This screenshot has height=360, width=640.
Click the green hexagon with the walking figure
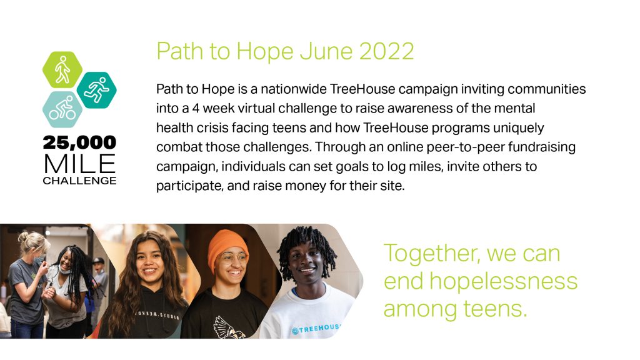tap(62, 70)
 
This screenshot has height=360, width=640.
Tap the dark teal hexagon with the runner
tap(97, 90)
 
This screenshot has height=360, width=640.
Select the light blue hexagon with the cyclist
tap(62, 109)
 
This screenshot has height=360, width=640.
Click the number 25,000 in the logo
tap(79, 142)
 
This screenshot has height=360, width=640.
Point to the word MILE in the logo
tap(79, 164)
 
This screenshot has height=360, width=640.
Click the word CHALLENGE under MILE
tap(79, 181)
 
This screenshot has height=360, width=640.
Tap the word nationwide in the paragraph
tap(294, 89)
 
